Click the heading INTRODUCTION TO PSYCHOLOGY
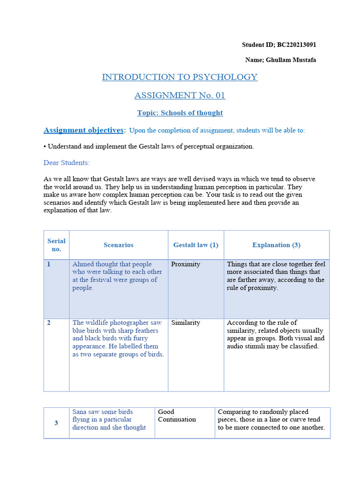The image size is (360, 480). [180, 77]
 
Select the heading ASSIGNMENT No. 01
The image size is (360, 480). [180, 95]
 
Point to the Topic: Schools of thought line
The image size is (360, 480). [180, 113]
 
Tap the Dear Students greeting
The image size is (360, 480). [67, 163]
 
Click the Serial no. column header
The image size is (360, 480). [56, 245]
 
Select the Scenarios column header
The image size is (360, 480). [118, 245]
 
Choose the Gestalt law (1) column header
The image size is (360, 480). [195, 245]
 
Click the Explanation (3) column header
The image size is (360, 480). [276, 245]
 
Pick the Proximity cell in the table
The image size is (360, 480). [186, 264]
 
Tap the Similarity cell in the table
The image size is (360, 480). [186, 323]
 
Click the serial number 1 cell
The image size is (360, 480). [49, 264]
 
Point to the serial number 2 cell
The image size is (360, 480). [49, 323]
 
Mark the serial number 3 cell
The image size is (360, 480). [56, 423]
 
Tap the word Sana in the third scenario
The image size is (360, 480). [80, 412]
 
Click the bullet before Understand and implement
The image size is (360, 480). [45, 147]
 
